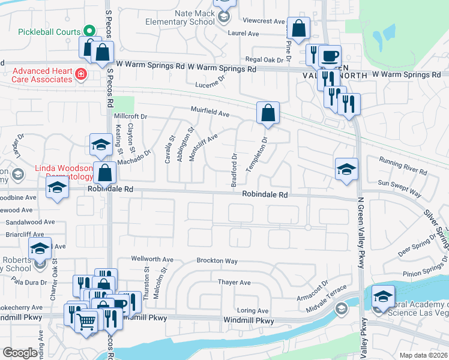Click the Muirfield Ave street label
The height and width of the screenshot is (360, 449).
point(211,113)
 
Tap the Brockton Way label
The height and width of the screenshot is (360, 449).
point(217,261)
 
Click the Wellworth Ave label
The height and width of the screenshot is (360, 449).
point(152,260)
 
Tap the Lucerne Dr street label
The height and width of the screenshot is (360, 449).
point(210,82)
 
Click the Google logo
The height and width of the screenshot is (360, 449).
point(20,353)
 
